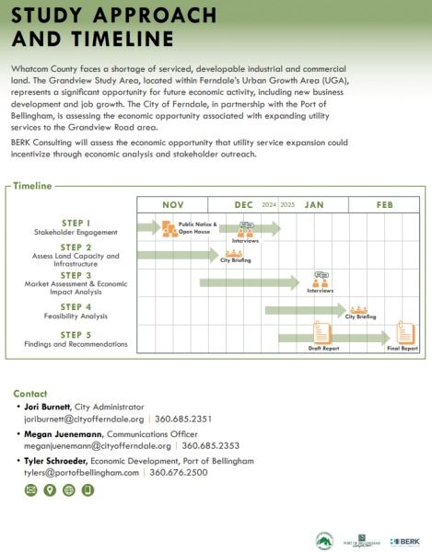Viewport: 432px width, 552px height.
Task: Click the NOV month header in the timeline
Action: [x=173, y=204]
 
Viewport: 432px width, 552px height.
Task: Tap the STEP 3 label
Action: [x=76, y=275]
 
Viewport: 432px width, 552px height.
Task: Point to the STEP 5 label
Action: [x=76, y=334]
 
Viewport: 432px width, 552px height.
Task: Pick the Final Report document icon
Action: [x=404, y=330]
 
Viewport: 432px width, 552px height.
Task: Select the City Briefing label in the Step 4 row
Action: [x=360, y=316]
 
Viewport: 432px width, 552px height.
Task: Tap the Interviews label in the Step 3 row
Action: [x=321, y=291]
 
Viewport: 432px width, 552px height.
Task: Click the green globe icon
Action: [x=69, y=490]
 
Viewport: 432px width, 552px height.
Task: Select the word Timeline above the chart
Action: [x=34, y=186]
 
